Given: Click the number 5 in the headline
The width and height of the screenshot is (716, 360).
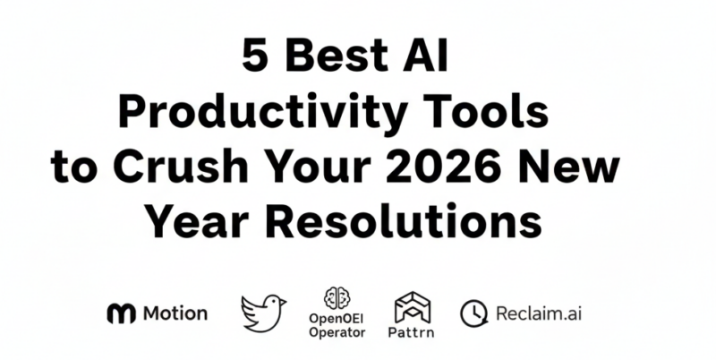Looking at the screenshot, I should click(x=254, y=59).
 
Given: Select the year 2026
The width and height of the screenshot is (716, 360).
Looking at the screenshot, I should click(x=466, y=167).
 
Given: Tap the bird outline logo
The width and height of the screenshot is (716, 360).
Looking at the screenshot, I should click(x=263, y=312).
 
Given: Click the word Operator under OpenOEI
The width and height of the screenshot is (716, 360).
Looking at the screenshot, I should click(x=336, y=332).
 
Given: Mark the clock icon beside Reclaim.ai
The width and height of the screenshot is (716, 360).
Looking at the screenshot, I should click(x=472, y=313).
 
